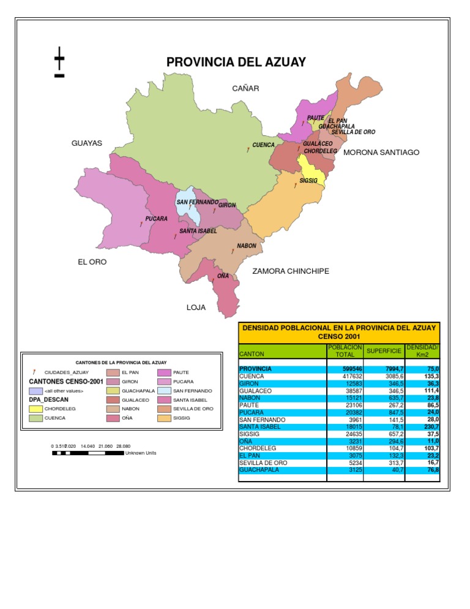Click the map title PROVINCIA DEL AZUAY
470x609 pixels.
[x=236, y=62]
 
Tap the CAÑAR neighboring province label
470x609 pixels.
[x=245, y=89]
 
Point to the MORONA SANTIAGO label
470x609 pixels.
[x=381, y=152]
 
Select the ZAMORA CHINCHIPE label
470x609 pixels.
[x=291, y=271]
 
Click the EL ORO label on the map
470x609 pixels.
[x=92, y=262]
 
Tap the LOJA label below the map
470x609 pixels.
[x=196, y=308]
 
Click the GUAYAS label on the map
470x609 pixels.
[x=87, y=143]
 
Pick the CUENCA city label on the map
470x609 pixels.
[x=263, y=146]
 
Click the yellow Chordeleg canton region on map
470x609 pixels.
[x=310, y=167]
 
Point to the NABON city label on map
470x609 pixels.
[x=246, y=246]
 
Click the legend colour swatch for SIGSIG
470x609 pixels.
[x=164, y=418]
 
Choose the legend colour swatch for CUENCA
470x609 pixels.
[x=35, y=418]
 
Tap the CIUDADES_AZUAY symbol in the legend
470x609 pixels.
[x=34, y=373]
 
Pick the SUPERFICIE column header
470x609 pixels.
[x=383, y=351]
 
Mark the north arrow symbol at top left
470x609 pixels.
[x=59, y=62]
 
